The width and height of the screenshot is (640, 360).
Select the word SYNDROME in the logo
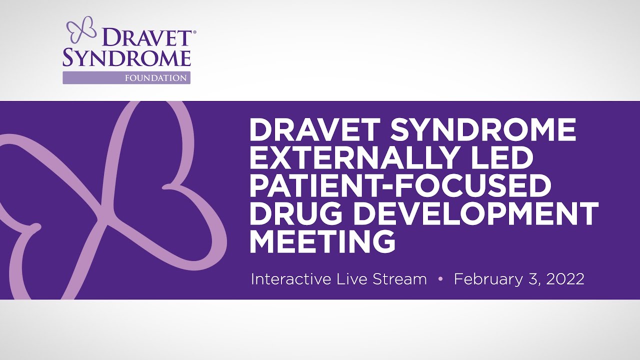pos(126,58)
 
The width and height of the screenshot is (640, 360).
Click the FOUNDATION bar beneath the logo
pos(126,78)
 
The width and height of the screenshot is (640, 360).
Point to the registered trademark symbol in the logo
pos(194,32)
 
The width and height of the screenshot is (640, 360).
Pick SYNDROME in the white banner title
pos(483,130)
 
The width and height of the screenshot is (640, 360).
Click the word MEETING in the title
pos(322,242)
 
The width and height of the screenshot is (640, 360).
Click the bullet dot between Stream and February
pos(440,279)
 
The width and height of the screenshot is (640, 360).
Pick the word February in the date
pos(489,279)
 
